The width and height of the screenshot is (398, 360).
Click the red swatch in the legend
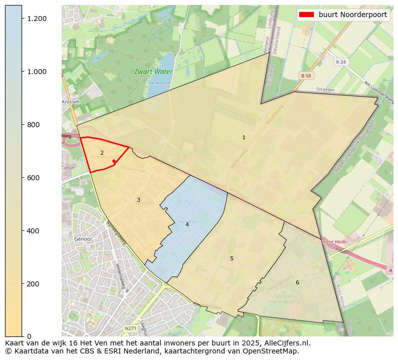click(306, 15)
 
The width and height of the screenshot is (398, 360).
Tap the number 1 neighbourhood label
click(244, 137)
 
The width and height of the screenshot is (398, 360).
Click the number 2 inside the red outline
click(102, 153)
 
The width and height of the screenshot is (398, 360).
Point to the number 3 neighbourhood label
click(138, 200)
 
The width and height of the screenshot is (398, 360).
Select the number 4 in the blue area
click(187, 224)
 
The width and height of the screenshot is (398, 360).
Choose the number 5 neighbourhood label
click(232, 258)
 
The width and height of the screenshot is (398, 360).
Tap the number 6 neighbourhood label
click(297, 282)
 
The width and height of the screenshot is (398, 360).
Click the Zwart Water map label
click(153, 72)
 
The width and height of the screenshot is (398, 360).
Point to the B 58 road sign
click(306, 75)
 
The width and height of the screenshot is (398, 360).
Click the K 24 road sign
click(341, 62)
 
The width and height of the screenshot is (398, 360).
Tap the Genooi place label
click(83, 239)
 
